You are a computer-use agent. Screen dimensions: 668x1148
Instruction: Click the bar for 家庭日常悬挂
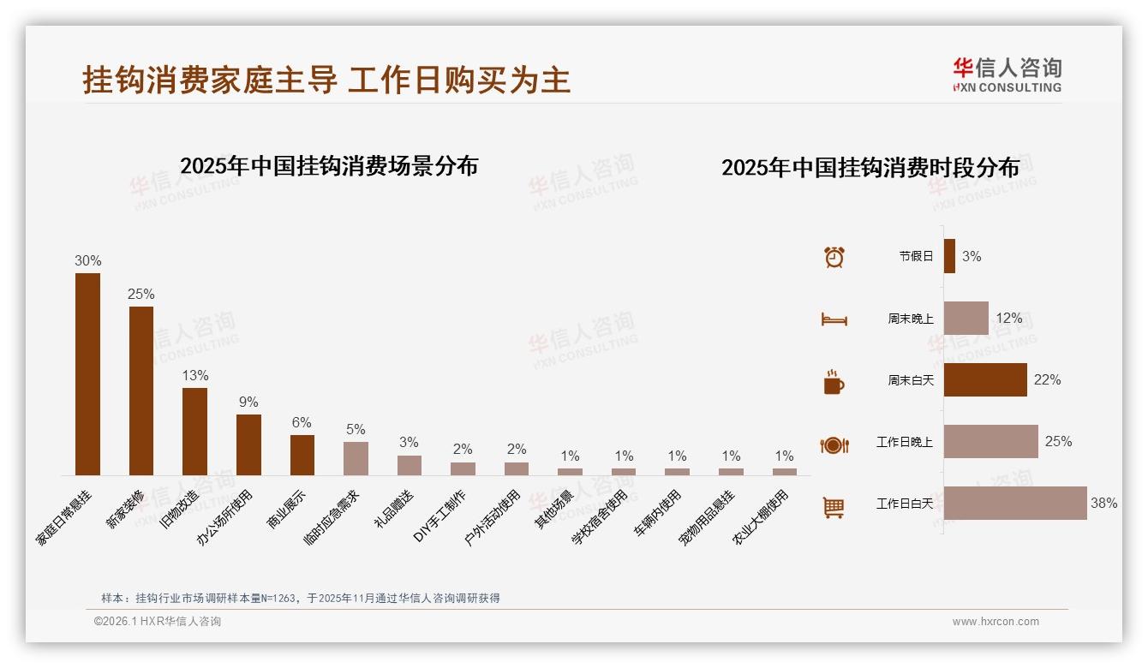point(87,374)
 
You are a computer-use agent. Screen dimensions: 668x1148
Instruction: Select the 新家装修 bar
point(141,391)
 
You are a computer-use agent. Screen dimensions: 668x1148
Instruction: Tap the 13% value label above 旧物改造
point(194,376)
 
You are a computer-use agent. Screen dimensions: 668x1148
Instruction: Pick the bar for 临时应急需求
point(356,458)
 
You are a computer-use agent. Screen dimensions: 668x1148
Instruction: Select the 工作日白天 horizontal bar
point(1015,504)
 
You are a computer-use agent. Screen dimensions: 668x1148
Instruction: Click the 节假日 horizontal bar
point(949,256)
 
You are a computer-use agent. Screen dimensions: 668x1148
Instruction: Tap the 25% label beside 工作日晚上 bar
point(1058,442)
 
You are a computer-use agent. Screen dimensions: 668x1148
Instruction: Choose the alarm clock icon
point(834,257)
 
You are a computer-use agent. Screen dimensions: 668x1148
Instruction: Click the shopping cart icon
point(834,507)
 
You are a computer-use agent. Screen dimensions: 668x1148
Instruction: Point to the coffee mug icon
point(834,382)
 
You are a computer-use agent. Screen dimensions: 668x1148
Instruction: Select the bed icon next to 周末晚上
point(834,319)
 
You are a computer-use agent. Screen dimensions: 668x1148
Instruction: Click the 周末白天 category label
point(910,380)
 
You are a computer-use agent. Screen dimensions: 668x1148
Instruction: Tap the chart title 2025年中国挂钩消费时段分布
point(870,168)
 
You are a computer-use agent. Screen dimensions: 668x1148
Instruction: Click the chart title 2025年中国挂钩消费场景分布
point(329,166)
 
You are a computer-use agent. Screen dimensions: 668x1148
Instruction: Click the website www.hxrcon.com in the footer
point(996,622)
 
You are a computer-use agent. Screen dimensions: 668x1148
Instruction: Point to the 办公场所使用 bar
point(248,444)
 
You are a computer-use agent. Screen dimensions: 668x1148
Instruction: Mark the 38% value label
point(1103,504)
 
